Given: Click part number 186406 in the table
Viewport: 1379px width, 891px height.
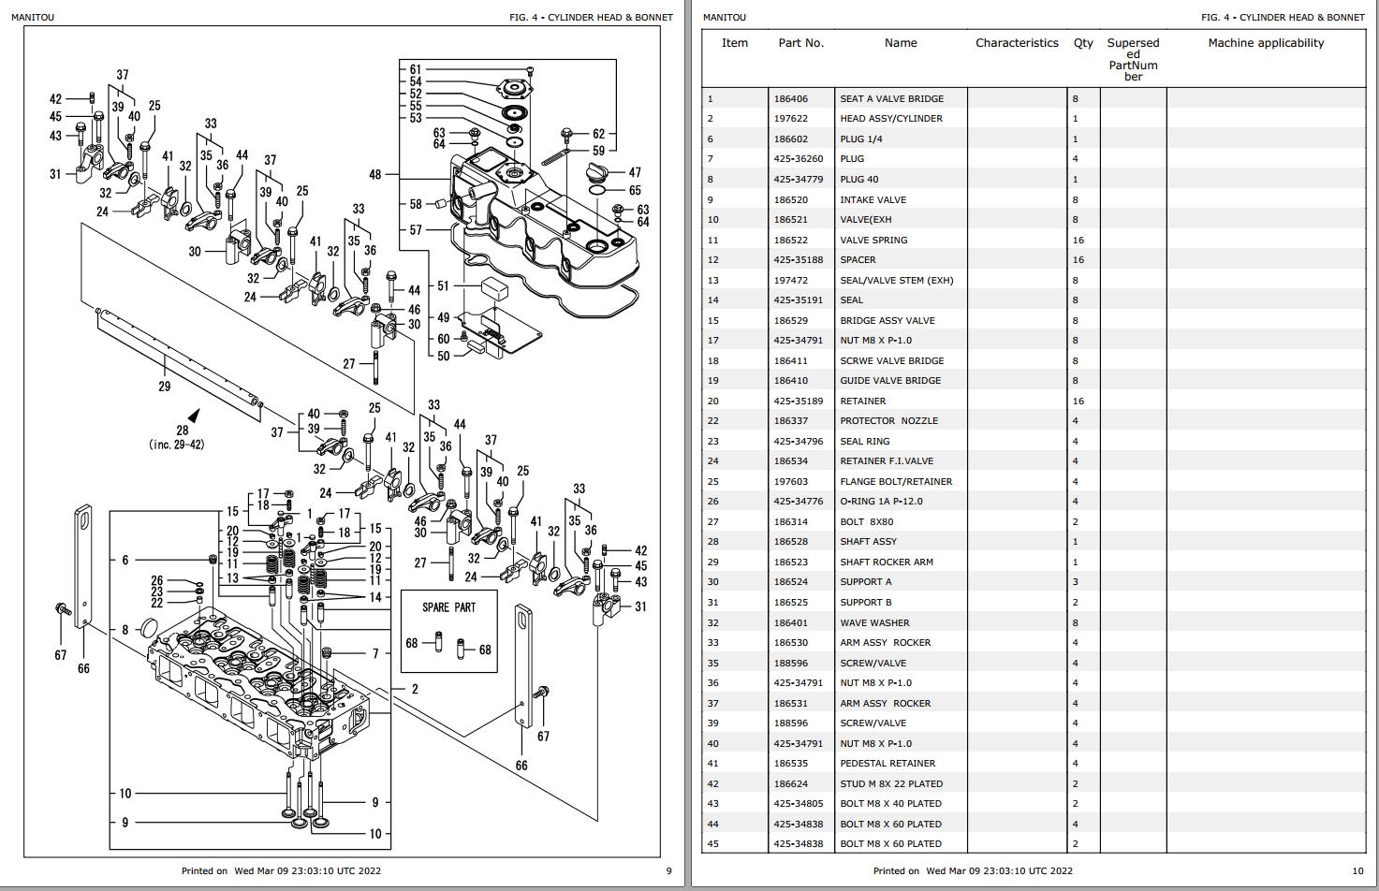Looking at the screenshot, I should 790,98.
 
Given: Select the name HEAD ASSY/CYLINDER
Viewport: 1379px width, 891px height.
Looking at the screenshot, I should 890,119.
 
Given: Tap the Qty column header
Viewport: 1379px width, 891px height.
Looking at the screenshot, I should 1083,43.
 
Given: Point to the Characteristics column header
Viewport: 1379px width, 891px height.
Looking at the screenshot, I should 1017,43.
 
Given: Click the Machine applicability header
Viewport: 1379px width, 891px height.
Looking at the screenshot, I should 1266,43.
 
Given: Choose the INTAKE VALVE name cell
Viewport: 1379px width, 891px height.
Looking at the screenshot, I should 873,199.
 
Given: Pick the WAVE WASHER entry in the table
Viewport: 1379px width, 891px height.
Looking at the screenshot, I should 874,622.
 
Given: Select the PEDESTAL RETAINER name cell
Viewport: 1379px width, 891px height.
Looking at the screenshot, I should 888,764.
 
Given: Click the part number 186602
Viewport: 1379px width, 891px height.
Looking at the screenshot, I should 790,139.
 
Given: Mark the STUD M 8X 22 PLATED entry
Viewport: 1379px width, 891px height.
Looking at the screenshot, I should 890,783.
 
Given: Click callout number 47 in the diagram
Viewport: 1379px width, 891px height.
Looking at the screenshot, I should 635,172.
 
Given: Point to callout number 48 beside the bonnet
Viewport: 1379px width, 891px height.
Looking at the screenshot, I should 375,174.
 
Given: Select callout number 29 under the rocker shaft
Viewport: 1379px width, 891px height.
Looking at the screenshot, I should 165,386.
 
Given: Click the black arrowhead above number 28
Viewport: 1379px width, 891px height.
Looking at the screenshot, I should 194,415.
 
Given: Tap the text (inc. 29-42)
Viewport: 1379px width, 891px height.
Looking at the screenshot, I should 176,445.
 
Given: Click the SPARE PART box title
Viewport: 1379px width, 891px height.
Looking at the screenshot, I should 448,607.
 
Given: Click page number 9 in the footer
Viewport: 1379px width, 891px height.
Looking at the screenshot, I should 668,870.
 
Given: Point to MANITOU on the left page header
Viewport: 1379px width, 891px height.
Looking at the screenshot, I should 33,17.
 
